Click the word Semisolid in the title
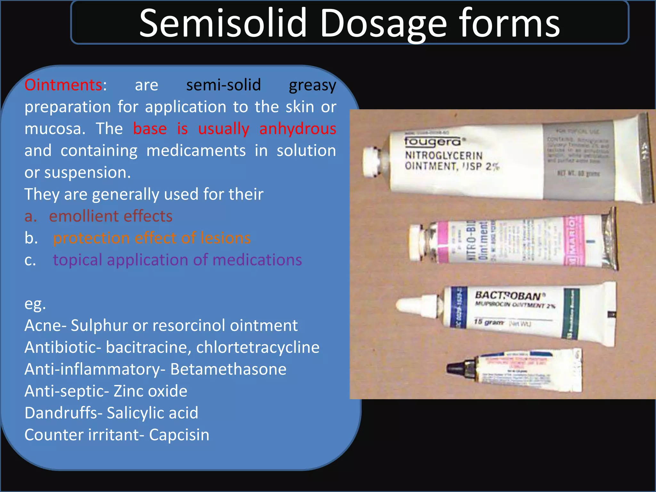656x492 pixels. pyautogui.click(x=223, y=23)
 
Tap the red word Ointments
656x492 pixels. pyautogui.click(x=63, y=85)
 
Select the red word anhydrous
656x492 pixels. pyautogui.click(x=298, y=129)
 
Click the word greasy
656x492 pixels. pyautogui.click(x=312, y=86)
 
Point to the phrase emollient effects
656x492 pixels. pyautogui.click(x=111, y=216)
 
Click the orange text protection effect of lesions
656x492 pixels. pyautogui.click(x=152, y=238)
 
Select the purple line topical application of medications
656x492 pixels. pyautogui.click(x=177, y=260)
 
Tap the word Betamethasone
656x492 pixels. pyautogui.click(x=228, y=369)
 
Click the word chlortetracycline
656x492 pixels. pyautogui.click(x=258, y=348)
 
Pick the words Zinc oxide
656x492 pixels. pyautogui.click(x=150, y=391)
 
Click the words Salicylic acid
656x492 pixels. pyautogui.click(x=152, y=413)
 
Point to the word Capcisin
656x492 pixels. pyautogui.click(x=179, y=435)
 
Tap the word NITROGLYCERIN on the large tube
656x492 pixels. pyautogui.click(x=444, y=156)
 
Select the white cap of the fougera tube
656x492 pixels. pyautogui.click(x=371, y=162)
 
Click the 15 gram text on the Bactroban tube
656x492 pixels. pyautogui.click(x=489, y=322)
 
